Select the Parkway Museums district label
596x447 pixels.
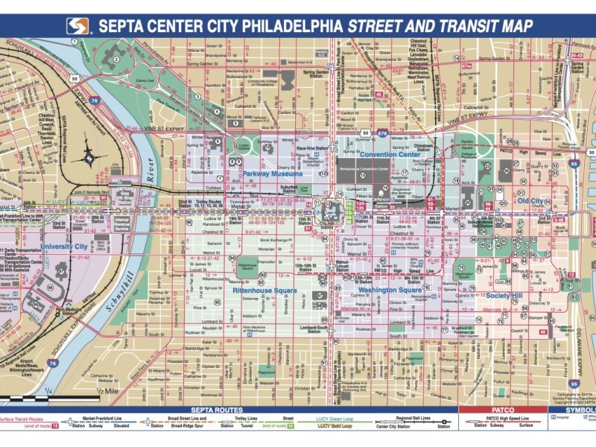266,174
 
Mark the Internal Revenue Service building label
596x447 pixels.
121,223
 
